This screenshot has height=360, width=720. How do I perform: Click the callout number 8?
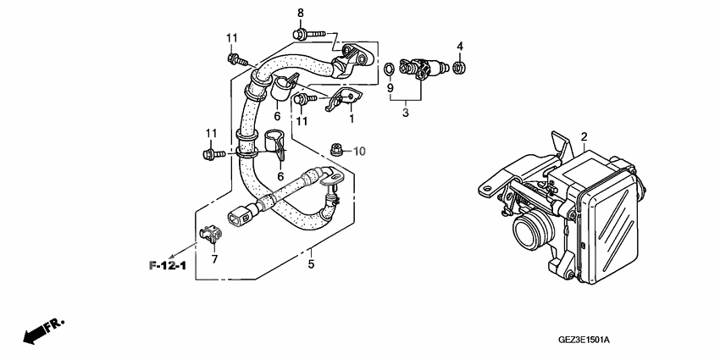point(300,12)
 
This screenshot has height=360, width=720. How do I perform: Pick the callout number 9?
point(390,87)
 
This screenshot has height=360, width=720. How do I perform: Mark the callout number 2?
point(584,136)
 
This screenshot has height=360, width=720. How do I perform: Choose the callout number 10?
point(359,152)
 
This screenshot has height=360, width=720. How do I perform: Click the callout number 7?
point(214,259)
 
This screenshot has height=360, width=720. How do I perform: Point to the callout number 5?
point(311,265)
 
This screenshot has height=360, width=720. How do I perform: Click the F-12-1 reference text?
point(168,266)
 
